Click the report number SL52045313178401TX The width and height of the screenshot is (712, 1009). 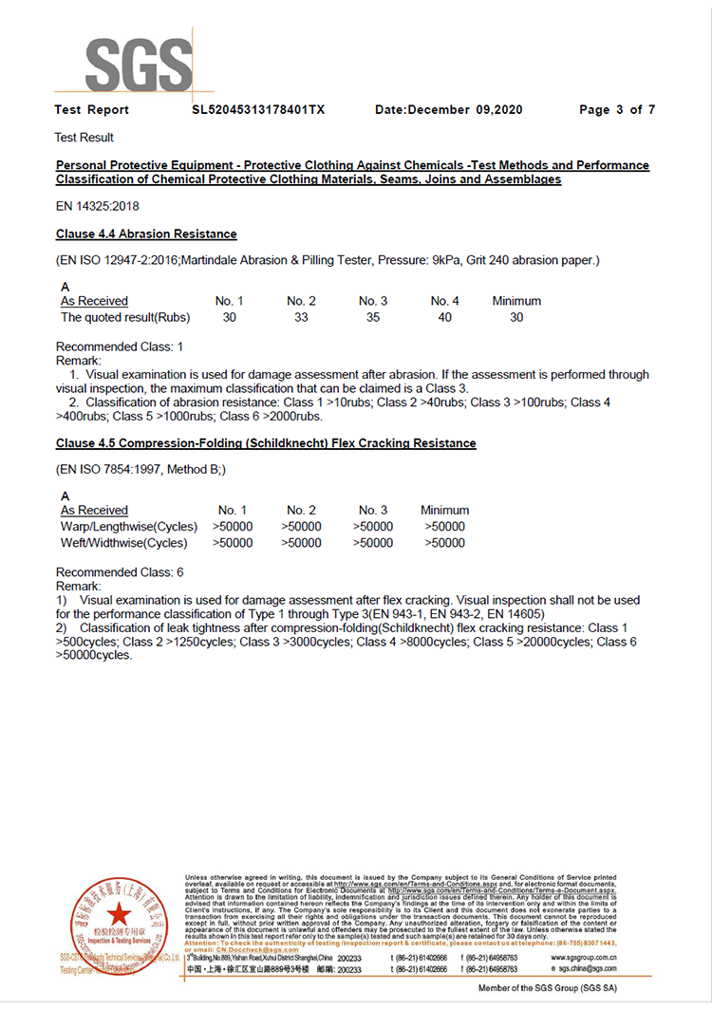[258, 110]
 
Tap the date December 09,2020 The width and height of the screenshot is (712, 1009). [449, 110]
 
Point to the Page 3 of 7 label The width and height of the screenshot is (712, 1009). [617, 110]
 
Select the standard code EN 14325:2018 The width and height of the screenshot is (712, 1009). [99, 206]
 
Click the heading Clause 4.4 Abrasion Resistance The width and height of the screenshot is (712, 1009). [146, 234]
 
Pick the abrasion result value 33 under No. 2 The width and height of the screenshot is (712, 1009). [301, 317]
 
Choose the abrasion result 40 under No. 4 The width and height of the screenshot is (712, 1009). [444, 317]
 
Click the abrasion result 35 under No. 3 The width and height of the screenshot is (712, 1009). [373, 317]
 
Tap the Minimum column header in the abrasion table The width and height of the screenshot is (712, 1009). [516, 301]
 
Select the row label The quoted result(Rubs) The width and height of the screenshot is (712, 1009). [125, 317]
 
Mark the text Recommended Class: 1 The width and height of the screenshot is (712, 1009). [120, 347]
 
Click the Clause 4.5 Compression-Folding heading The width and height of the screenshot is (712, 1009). [266, 443]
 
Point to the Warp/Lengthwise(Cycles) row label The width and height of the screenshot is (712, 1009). [129, 527]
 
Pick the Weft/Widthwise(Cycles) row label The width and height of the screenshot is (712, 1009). [124, 543]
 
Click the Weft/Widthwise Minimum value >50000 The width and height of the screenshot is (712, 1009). [444, 543]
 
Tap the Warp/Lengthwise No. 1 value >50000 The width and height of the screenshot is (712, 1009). [233, 527]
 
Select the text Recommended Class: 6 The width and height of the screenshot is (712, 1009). [120, 572]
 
